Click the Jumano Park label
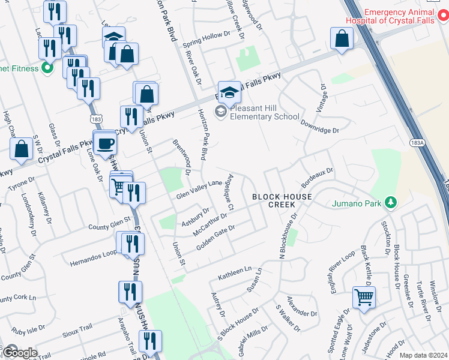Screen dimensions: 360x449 (x=357, y=203)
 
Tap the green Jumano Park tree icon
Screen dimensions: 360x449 (x=391, y=203)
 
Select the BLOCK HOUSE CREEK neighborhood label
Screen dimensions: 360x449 (x=282, y=200)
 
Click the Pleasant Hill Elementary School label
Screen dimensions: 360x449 (x=265, y=112)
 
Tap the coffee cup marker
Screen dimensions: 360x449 (x=106, y=144)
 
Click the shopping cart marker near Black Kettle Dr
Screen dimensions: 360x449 (x=364, y=297)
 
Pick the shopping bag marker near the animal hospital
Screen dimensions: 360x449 (x=342, y=39)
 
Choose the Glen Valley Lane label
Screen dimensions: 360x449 (x=199, y=190)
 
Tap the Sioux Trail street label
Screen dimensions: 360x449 (x=78, y=328)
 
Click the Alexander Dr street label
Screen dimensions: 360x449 (x=302, y=307)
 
